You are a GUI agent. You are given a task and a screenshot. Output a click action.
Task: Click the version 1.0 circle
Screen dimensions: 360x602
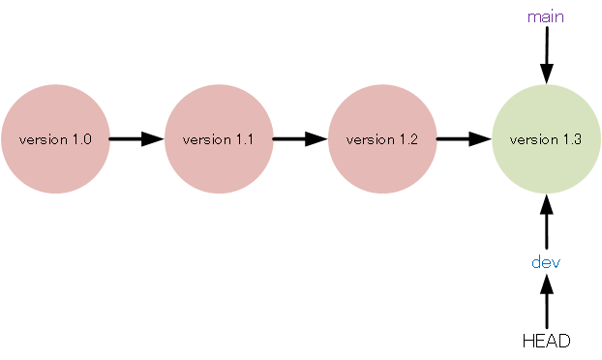[x=55, y=138]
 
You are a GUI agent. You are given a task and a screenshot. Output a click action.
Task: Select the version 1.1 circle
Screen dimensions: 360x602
[x=219, y=138]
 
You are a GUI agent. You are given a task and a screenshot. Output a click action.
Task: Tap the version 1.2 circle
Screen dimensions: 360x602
[x=382, y=138]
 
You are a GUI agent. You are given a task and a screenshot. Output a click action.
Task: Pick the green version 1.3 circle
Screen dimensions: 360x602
[x=546, y=138]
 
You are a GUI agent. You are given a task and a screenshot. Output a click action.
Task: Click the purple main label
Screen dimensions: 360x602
[x=546, y=16]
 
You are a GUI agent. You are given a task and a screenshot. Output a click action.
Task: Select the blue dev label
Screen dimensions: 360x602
[x=546, y=262]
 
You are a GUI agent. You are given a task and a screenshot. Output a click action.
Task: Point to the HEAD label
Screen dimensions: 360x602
[x=546, y=341]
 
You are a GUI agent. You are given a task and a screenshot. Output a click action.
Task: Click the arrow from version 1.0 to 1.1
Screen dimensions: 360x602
[x=136, y=138]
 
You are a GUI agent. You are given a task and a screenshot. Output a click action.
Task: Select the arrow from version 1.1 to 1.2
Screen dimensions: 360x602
[x=300, y=138]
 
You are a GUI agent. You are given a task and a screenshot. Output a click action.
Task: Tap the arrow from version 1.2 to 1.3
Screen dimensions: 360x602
[x=464, y=138]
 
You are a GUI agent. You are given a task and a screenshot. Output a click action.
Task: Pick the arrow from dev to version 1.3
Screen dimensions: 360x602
[x=546, y=222]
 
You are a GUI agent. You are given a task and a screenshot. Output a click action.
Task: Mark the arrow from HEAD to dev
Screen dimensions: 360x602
[x=546, y=302]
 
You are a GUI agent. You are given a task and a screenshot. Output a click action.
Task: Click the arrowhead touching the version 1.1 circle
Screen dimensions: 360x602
[x=154, y=138]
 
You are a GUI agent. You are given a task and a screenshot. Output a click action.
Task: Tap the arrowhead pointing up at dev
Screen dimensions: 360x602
[x=546, y=284]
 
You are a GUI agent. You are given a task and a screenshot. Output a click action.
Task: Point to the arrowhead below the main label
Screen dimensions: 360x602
[x=546, y=73]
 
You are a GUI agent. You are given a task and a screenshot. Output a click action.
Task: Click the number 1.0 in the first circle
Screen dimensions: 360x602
[x=81, y=139]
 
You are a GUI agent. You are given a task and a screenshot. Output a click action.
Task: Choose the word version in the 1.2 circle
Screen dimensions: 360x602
[x=369, y=139]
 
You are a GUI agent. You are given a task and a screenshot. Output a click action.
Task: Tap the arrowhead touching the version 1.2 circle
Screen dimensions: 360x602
[x=317, y=138]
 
